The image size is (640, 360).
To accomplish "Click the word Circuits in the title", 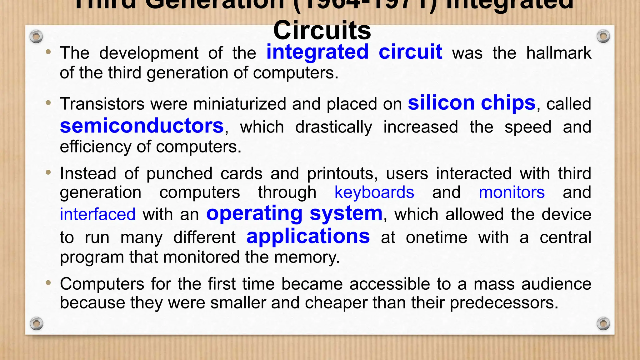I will pos(322,31).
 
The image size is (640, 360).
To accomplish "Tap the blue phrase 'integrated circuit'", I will pos(354,52).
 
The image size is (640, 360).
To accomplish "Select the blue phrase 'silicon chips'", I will pos(472,103).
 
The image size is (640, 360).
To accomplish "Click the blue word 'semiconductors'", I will pos(142,126).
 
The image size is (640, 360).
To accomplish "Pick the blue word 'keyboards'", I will pos(374,192).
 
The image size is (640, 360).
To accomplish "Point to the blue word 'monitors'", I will pos(512,192).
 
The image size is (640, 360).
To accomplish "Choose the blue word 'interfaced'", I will pos(97,215).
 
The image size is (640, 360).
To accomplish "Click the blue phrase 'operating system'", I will pos(294,214).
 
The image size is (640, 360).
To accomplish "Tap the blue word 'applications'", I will pos(308,236).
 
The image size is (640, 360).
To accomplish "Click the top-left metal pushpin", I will pos(36,37).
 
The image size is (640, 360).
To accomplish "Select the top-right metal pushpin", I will pos(603,37).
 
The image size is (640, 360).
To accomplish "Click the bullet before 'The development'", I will pos(48,52).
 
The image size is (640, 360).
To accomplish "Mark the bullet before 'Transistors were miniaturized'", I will pos(48,103).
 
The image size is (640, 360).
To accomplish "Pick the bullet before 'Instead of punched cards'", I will pos(48,172).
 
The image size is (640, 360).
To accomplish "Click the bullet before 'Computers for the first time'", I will pos(48,283).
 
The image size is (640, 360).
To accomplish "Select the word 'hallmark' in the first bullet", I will pos(559,53).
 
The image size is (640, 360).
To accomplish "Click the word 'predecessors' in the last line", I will pos(504,303).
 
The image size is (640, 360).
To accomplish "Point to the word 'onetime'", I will pos(437,237).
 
